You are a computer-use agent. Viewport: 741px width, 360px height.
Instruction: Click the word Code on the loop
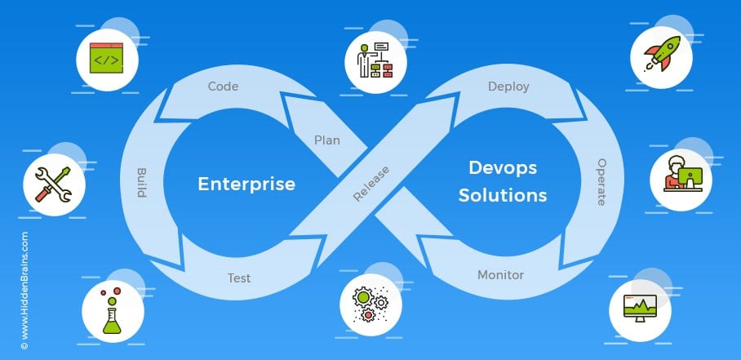tap(223, 86)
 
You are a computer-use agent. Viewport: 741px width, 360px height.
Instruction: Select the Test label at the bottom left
tap(238, 278)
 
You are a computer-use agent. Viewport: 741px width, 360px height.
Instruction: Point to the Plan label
tap(327, 140)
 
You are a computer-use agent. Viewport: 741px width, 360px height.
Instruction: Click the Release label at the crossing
tap(371, 183)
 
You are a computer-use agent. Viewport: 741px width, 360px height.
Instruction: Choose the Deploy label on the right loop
tap(508, 86)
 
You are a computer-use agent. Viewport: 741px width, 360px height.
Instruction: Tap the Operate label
tap(601, 182)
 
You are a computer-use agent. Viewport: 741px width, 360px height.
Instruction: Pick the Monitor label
tap(500, 275)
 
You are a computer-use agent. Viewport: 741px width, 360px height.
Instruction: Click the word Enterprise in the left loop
tap(246, 184)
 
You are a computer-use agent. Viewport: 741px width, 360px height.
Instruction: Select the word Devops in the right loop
tap(502, 167)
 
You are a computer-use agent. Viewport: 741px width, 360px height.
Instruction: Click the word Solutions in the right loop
tap(502, 196)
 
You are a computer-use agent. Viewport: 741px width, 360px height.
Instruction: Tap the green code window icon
tap(106, 60)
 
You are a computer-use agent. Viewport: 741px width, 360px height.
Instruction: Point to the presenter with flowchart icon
tap(375, 59)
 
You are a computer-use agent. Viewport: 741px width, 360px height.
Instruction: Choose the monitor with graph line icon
tap(641, 308)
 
